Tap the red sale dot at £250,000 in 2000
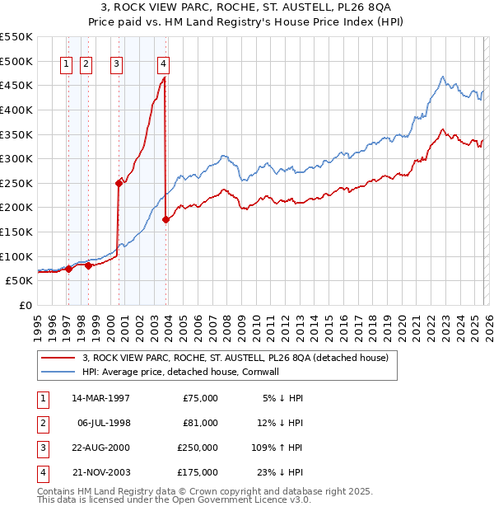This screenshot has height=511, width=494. (119, 184)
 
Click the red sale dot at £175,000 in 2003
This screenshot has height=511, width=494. (166, 219)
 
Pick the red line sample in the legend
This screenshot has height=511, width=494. (59, 359)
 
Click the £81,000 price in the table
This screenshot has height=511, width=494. (199, 423)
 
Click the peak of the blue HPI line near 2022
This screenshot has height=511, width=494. (443, 77)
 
